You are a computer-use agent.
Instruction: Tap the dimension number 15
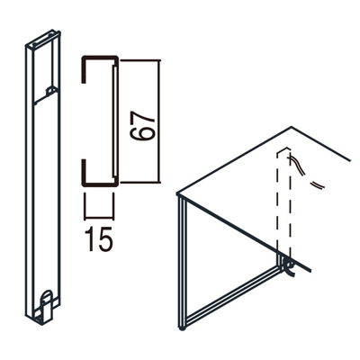click(99, 239)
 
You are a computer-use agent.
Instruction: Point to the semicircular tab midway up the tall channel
click(51, 92)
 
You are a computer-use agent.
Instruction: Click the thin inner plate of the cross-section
click(114, 121)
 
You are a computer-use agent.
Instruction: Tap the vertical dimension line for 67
click(159, 121)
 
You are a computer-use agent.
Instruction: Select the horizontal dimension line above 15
click(99, 217)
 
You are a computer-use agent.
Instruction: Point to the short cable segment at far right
click(318, 185)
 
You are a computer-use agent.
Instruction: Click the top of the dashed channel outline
click(283, 149)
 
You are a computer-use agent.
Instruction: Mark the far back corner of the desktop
click(292, 127)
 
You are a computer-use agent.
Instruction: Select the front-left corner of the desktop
click(178, 194)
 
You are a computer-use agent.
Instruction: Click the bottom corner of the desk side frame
click(182, 328)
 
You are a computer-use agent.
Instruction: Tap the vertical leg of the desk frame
click(182, 261)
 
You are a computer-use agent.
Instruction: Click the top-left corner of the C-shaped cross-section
click(83, 57)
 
